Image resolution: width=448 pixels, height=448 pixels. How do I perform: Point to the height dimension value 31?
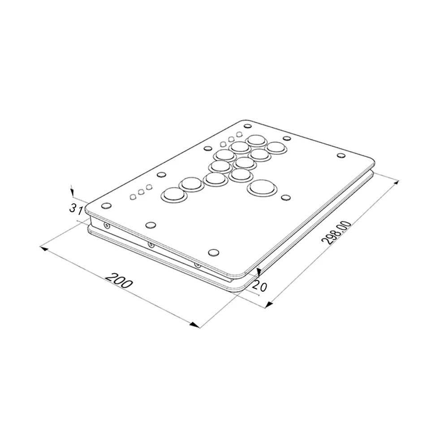tap(75, 208)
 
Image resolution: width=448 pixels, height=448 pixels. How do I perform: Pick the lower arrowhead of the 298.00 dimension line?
tap(268, 305)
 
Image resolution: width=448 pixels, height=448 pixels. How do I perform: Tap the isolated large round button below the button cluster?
tap(260, 187)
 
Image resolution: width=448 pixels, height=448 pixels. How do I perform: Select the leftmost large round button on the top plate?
tap(173, 195)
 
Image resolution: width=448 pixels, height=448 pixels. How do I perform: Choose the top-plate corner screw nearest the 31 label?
tap(106, 206)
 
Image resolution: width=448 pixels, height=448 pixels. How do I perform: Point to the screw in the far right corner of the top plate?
tap(341, 156)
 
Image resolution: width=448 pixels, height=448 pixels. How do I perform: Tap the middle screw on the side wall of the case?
tap(151, 245)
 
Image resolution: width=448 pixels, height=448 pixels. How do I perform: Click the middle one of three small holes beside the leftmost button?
tap(141, 193)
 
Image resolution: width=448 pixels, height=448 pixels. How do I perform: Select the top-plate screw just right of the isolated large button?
tap(285, 197)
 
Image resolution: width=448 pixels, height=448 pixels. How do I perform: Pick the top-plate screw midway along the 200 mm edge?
tap(151, 224)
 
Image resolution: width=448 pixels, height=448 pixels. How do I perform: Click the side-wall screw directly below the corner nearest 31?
tap(106, 225)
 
